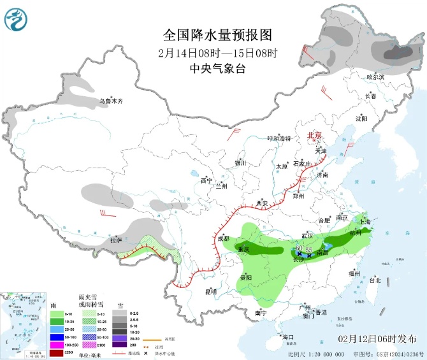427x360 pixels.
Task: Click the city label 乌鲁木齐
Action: pos(110,101)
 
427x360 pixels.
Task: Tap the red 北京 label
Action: pos(315,135)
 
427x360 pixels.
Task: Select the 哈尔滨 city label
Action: pos(375,76)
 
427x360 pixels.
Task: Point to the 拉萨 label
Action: pos(115,240)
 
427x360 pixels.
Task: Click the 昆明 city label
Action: pos(210,291)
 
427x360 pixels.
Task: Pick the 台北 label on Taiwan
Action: pos(375,280)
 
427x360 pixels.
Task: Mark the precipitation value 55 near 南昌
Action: pos(309,248)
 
